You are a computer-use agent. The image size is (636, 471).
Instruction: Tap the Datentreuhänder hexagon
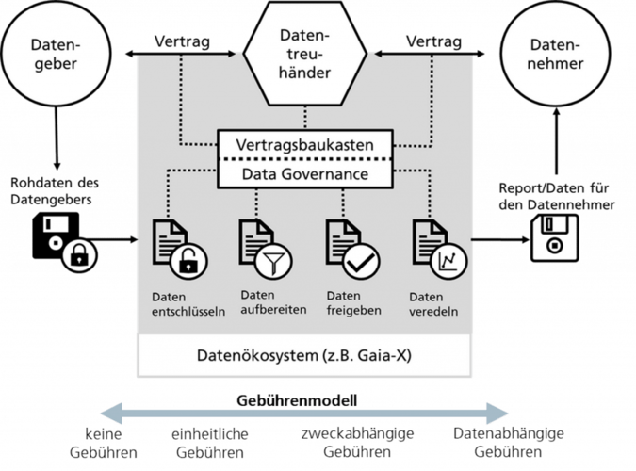304,57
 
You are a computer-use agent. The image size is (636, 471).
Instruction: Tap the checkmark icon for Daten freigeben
361,261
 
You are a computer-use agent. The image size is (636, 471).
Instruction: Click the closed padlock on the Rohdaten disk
81,253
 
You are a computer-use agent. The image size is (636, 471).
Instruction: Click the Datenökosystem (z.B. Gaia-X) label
303,357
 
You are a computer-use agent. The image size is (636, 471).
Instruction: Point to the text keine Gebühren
104,443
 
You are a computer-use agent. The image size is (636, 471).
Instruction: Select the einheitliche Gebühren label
209,443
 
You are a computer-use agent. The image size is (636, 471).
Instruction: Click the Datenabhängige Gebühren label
508,443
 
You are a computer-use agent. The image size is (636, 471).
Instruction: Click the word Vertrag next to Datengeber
181,41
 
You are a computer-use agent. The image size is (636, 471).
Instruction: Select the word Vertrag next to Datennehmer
432,41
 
